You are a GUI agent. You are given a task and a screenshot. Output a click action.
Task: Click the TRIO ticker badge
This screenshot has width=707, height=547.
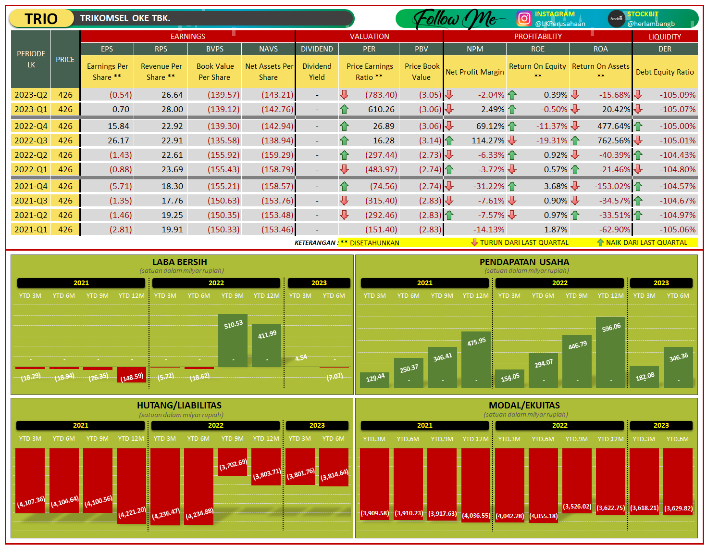[41, 19]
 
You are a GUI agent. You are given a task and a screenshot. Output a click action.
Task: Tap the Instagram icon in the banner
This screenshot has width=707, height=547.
[524, 19]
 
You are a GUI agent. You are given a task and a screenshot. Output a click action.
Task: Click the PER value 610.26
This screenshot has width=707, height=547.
[381, 109]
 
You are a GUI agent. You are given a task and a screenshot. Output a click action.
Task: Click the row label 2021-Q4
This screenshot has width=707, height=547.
[31, 186]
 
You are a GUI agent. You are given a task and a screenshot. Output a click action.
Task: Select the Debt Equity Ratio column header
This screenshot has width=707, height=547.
[665, 72]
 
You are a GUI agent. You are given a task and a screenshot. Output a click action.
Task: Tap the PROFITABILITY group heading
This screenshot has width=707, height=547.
[538, 37]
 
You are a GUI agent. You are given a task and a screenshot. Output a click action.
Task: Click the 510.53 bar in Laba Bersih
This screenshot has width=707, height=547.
[233, 341]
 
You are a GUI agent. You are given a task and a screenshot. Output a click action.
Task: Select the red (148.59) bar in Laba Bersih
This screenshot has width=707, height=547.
[131, 375]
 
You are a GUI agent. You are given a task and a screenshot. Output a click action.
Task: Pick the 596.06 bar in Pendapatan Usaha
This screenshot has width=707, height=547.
[611, 352]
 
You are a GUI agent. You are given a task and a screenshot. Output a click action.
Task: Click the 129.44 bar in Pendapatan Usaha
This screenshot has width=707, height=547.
[375, 380]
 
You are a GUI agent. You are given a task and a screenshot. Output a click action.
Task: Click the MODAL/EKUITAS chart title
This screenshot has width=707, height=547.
[524, 406]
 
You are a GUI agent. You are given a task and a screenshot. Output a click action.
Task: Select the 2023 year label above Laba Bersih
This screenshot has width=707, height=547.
[319, 283]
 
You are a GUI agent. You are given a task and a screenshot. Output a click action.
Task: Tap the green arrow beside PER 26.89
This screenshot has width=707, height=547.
[344, 127]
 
